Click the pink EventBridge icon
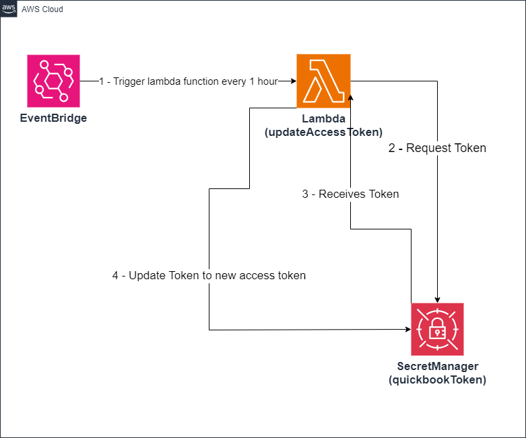[x=53, y=81]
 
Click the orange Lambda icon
[x=323, y=81]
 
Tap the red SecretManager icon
[x=437, y=329]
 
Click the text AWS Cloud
[x=43, y=9]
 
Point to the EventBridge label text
[x=53, y=118]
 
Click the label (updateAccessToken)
[x=323, y=132]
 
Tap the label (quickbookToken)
[x=437, y=379]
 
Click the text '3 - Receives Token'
[x=350, y=194]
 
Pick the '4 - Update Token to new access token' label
[x=209, y=275]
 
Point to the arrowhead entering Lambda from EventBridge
[x=293, y=81]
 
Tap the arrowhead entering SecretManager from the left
[x=407, y=330]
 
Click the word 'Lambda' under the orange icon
[x=323, y=119]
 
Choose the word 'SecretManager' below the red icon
[x=437, y=367]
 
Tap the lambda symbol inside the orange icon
[x=323, y=81]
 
